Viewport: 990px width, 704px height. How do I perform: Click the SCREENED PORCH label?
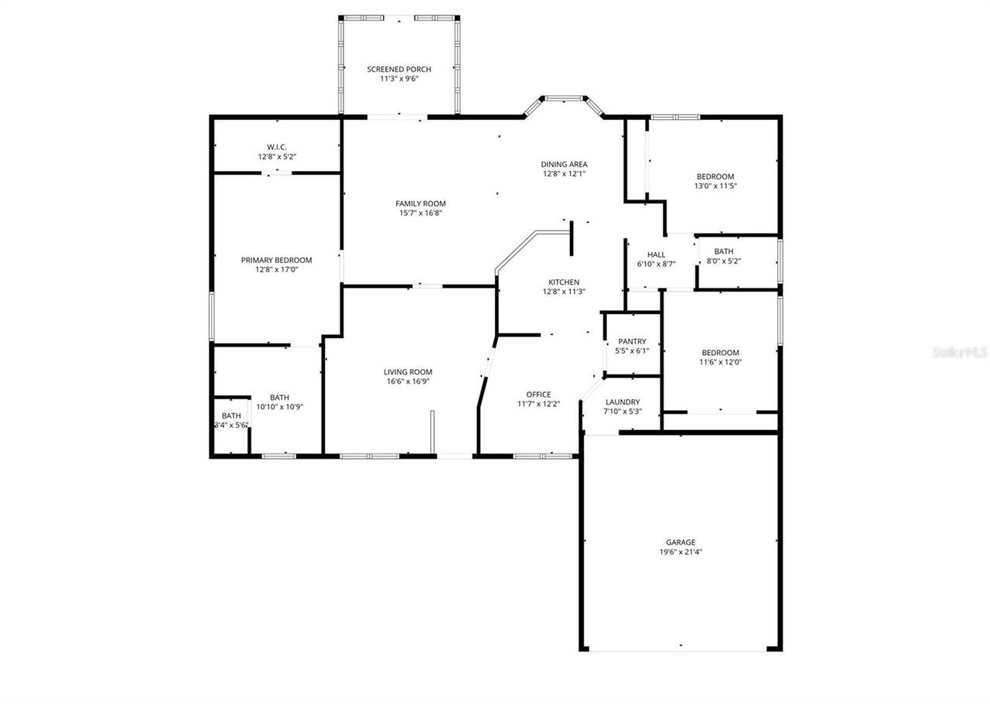pyautogui.click(x=398, y=70)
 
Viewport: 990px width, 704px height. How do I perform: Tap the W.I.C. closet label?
pyautogui.click(x=277, y=147)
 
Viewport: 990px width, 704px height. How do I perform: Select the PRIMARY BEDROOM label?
pyautogui.click(x=276, y=260)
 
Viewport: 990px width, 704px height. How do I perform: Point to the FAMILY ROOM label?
pyautogui.click(x=421, y=203)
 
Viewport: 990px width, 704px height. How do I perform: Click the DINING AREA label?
pyautogui.click(x=564, y=164)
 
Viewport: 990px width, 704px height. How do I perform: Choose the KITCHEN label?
pyautogui.click(x=564, y=282)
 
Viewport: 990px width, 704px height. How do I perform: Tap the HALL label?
pyautogui.click(x=656, y=255)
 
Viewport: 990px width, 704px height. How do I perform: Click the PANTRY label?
pyautogui.click(x=632, y=341)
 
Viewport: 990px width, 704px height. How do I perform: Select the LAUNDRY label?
pyautogui.click(x=623, y=402)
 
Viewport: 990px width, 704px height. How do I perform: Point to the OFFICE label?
pyautogui.click(x=538, y=395)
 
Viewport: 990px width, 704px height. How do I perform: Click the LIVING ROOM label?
pyautogui.click(x=408, y=372)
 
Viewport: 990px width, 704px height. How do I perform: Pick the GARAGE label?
pyautogui.click(x=681, y=542)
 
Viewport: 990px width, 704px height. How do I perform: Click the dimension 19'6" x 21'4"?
pyautogui.click(x=681, y=552)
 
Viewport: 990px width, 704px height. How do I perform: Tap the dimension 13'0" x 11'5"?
pyautogui.click(x=715, y=186)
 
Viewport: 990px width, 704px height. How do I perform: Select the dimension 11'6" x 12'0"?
pyautogui.click(x=719, y=361)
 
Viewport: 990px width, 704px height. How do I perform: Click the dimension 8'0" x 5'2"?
pyautogui.click(x=724, y=261)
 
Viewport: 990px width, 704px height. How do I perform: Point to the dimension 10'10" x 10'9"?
pyautogui.click(x=279, y=407)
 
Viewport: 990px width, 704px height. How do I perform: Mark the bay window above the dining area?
pyautogui.click(x=564, y=99)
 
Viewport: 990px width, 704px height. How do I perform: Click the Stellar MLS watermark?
pyautogui.click(x=959, y=353)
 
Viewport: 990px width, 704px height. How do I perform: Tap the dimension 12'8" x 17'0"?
pyautogui.click(x=276, y=270)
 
